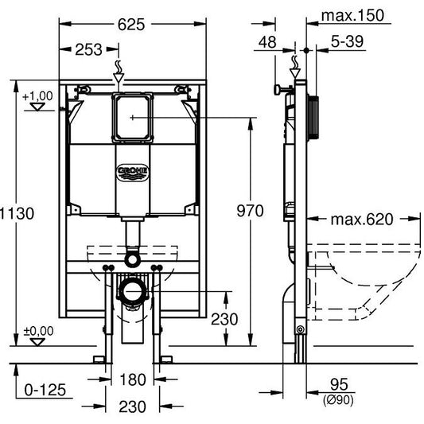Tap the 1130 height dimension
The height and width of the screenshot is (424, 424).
pos(12,213)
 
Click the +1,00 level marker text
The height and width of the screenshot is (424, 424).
pos(37,96)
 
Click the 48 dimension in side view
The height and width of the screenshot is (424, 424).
pos(269,41)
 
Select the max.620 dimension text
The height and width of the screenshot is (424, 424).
pos(364,219)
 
